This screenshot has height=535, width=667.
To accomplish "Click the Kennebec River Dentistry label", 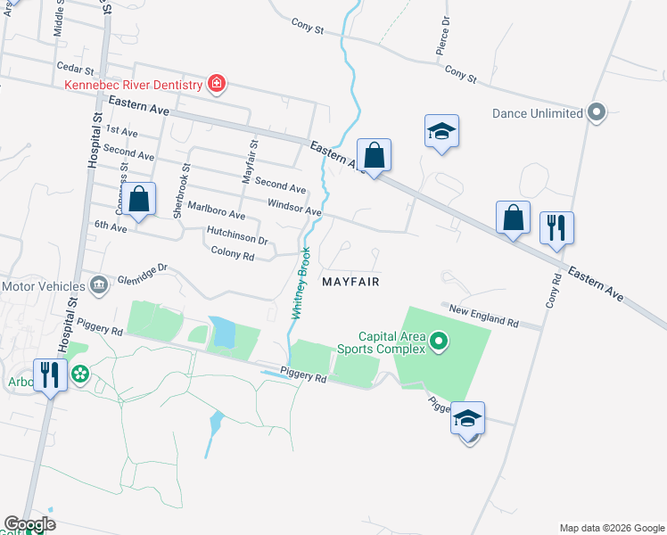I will point(133,85).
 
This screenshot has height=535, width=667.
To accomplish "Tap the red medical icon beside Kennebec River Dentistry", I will point(216,85).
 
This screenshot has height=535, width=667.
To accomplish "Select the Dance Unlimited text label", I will point(537,113).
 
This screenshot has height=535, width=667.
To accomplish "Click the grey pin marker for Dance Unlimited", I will point(597,113).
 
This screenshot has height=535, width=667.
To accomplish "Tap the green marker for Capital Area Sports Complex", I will point(438,341).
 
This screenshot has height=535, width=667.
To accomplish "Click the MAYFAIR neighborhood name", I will point(350,281).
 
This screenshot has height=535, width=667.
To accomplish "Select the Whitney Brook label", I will point(301,284).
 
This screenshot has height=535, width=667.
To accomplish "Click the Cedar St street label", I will point(74,69).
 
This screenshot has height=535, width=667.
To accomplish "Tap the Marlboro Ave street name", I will point(216,211).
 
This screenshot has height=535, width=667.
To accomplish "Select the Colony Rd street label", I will point(233,253).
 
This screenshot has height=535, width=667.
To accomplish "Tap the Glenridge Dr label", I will point(143,270).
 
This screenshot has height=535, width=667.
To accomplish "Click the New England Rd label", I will point(483,315).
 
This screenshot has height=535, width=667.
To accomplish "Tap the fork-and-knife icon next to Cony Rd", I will point(556,226).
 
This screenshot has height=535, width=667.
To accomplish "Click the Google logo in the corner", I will point(29,524).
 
